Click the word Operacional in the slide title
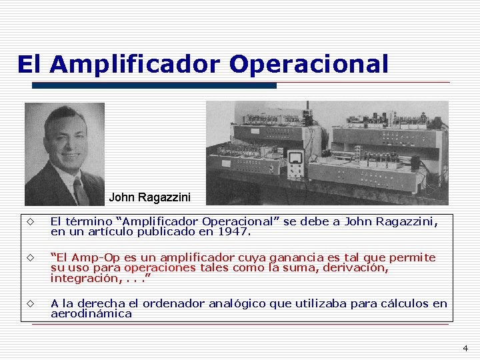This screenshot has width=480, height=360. click(x=308, y=65)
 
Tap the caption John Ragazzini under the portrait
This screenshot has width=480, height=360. click(x=149, y=197)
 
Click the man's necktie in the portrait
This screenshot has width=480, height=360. click(x=80, y=191)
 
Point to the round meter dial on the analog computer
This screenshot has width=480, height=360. click(x=294, y=158)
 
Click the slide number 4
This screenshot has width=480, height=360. click(x=465, y=348)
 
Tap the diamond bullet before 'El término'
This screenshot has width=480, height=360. click(x=30, y=222)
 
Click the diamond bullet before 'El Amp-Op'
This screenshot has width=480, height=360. click(x=30, y=257)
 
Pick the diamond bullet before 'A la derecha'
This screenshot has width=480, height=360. click(x=30, y=303)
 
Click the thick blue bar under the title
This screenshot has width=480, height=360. click(x=154, y=85)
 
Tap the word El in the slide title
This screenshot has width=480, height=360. click(x=29, y=65)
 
